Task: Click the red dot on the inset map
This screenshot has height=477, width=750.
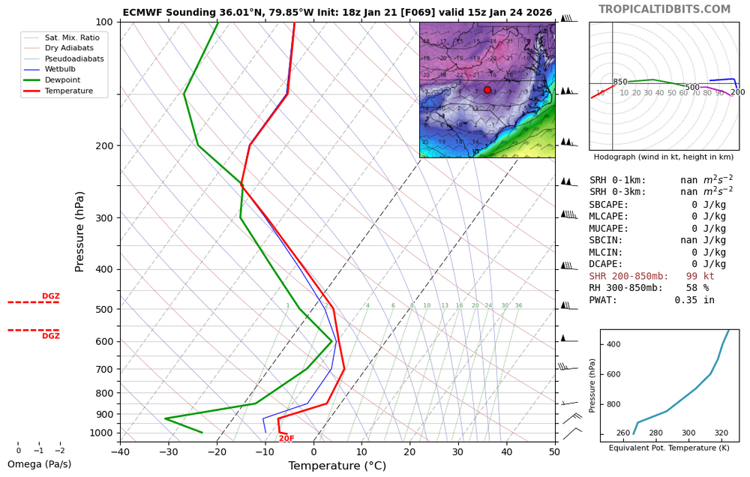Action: coord(487,90)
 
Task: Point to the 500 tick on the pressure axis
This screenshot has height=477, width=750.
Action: coord(103,309)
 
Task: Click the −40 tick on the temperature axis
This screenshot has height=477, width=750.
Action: coord(120,451)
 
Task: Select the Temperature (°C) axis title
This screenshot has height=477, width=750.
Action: coord(337,466)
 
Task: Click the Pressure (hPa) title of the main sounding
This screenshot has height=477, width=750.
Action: coord(80,231)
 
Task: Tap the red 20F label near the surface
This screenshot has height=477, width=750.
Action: coord(286,439)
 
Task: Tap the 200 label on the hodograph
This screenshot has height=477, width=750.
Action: coord(738,92)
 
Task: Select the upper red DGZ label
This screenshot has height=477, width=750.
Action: coord(50,297)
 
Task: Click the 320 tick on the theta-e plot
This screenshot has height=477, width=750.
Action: coord(721,433)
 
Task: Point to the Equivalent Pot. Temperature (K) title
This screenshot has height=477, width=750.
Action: coord(669,448)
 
